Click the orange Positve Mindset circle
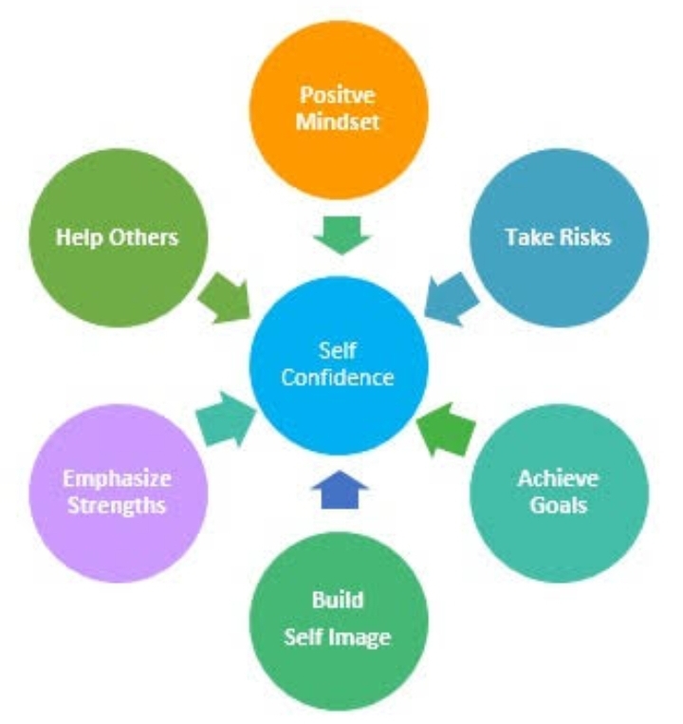click(338, 108)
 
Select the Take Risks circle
click(560, 237)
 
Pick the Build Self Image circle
click(338, 617)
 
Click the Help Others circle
click(116, 237)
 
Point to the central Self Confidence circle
click(339, 364)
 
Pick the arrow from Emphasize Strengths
click(228, 418)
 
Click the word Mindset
click(339, 122)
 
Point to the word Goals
click(559, 504)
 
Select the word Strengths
click(116, 504)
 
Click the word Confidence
click(339, 378)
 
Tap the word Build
click(338, 601)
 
